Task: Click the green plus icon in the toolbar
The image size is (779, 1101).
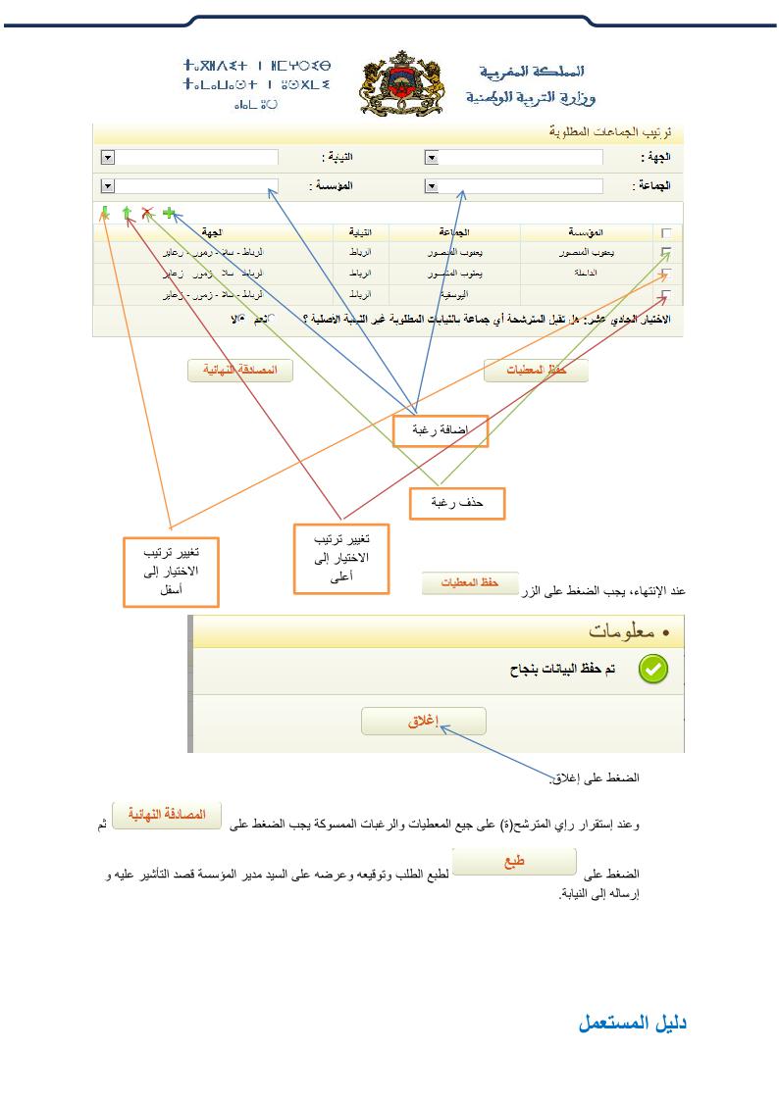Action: point(169,213)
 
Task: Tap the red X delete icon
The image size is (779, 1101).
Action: point(147,213)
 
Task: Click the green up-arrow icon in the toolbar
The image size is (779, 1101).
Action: point(127,213)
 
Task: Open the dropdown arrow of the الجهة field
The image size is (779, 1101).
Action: point(431,157)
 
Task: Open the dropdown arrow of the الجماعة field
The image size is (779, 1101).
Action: point(431,185)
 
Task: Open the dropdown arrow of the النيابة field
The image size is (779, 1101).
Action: point(108,157)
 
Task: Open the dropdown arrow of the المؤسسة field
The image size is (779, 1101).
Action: point(108,185)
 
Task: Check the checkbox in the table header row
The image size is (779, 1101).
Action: point(667,232)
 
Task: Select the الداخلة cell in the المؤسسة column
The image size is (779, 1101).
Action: point(586,274)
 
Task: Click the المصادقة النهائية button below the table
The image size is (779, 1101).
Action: point(240,371)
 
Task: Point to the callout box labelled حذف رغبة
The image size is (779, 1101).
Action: point(457,503)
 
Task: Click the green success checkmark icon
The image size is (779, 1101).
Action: point(653,669)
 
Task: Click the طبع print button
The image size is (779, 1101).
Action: point(514,862)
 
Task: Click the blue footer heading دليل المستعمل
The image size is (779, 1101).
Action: point(632,1023)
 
